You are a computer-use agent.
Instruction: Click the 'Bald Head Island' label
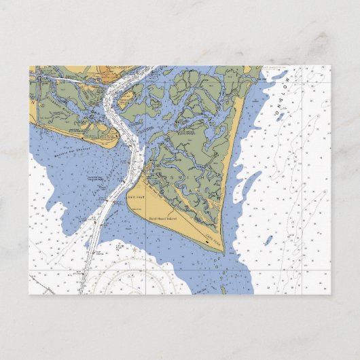point(162,218)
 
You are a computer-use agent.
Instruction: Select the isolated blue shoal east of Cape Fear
point(270,240)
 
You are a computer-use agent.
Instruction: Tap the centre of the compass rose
point(133,289)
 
